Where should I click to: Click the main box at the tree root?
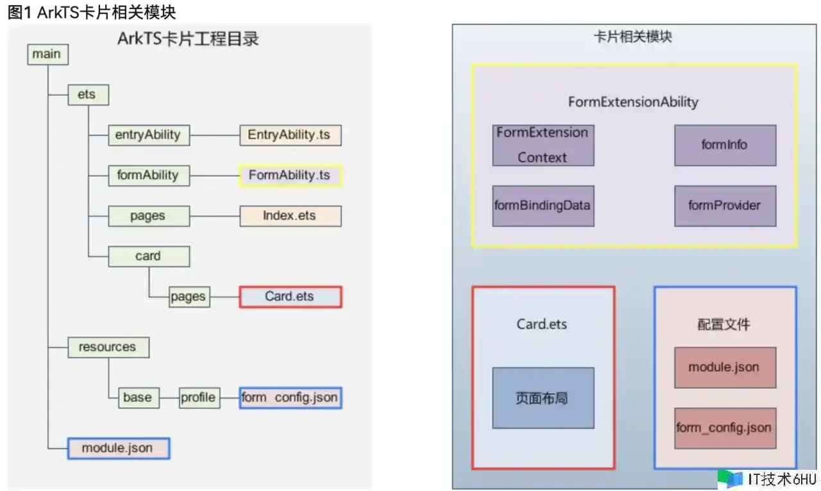pyautogui.click(x=47, y=54)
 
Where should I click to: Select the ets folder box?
pyautogui.click(x=87, y=95)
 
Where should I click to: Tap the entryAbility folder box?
pyautogui.click(x=148, y=135)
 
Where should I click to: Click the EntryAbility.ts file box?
pyautogui.click(x=289, y=135)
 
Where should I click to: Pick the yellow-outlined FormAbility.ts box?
pyautogui.click(x=290, y=175)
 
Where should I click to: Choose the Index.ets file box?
pyautogui.click(x=289, y=215)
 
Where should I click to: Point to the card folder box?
pyautogui.click(x=148, y=256)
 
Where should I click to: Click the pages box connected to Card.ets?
pyautogui.click(x=189, y=297)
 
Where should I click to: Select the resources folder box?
pyautogui.click(x=108, y=347)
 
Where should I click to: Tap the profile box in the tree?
pyautogui.click(x=198, y=397)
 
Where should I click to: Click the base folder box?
pyautogui.click(x=137, y=397)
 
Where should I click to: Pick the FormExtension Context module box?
pyautogui.click(x=543, y=145)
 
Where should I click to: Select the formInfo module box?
pyautogui.click(x=724, y=145)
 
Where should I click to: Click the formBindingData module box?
pyautogui.click(x=543, y=206)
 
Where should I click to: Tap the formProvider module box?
pyautogui.click(x=724, y=206)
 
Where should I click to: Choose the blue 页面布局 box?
pyautogui.click(x=543, y=397)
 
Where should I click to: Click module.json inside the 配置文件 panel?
pyautogui.click(x=724, y=367)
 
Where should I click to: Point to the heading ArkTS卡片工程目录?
pyautogui.click(x=188, y=38)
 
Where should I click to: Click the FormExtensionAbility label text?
pyautogui.click(x=633, y=102)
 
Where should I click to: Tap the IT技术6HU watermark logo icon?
pyautogui.click(x=730, y=479)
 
